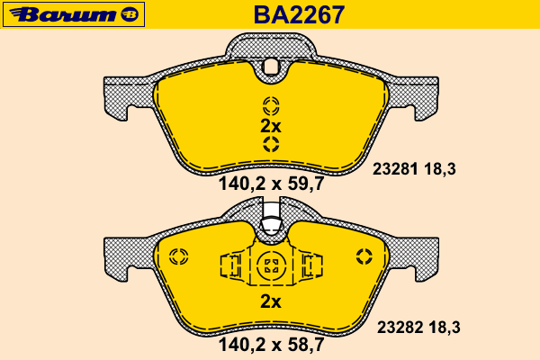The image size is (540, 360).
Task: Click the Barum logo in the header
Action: (74, 14)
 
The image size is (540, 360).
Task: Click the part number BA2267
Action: (299, 14)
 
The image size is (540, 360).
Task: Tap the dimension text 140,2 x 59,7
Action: (272, 184)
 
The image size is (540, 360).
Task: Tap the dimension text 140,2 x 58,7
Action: (272, 345)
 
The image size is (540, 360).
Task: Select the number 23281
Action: (395, 169)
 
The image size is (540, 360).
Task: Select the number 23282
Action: (400, 328)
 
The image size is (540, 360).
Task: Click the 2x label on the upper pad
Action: (271, 126)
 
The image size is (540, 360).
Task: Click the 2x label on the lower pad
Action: (271, 301)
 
